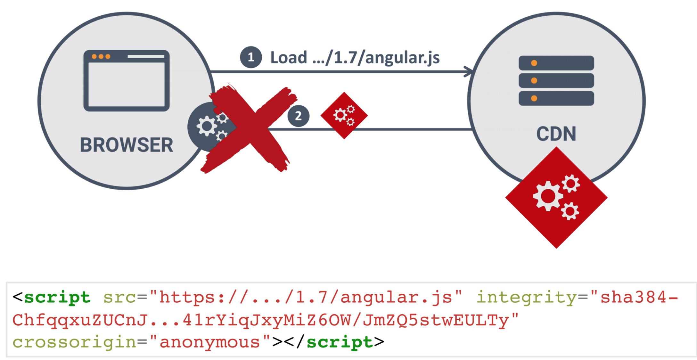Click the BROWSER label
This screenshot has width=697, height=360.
click(127, 145)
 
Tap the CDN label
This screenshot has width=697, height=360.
click(556, 134)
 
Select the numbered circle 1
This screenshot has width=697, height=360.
click(251, 57)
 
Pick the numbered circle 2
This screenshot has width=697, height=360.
click(298, 116)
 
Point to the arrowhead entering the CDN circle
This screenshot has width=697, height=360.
click(470, 72)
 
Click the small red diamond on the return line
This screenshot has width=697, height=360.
click(344, 116)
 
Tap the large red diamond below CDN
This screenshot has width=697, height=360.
click(556, 197)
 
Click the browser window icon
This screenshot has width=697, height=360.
click(127, 81)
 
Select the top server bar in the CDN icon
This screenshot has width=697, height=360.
click(556, 63)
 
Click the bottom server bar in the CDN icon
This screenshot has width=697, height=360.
click(556, 98)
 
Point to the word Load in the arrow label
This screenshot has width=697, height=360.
click(289, 58)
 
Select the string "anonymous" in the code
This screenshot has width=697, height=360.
click(210, 342)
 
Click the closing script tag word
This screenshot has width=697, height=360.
click(340, 342)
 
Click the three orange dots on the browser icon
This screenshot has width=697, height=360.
click(101, 57)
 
